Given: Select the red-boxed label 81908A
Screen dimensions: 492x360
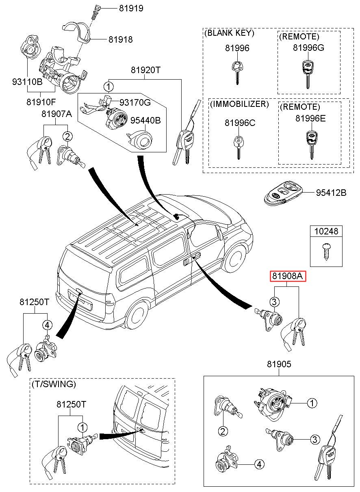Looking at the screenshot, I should (287, 277).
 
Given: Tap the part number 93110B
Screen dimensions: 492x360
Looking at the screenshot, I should (27, 82).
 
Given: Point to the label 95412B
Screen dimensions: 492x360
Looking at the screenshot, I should (331, 193).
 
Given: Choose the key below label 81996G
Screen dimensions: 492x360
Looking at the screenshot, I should (308, 73).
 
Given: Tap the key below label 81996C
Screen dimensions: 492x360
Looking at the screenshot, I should (237, 147).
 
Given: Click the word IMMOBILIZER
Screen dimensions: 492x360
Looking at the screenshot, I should (239, 104).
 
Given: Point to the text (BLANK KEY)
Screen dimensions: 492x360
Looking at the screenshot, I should (230, 33).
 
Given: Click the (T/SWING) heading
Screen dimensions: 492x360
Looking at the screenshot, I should (53, 384).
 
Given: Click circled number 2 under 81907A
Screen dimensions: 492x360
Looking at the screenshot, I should (67, 137).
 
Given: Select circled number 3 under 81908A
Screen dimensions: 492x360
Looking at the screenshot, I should (274, 302).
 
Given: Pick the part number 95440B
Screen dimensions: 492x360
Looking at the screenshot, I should (145, 120).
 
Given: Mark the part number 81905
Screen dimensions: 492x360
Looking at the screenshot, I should (279, 364).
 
